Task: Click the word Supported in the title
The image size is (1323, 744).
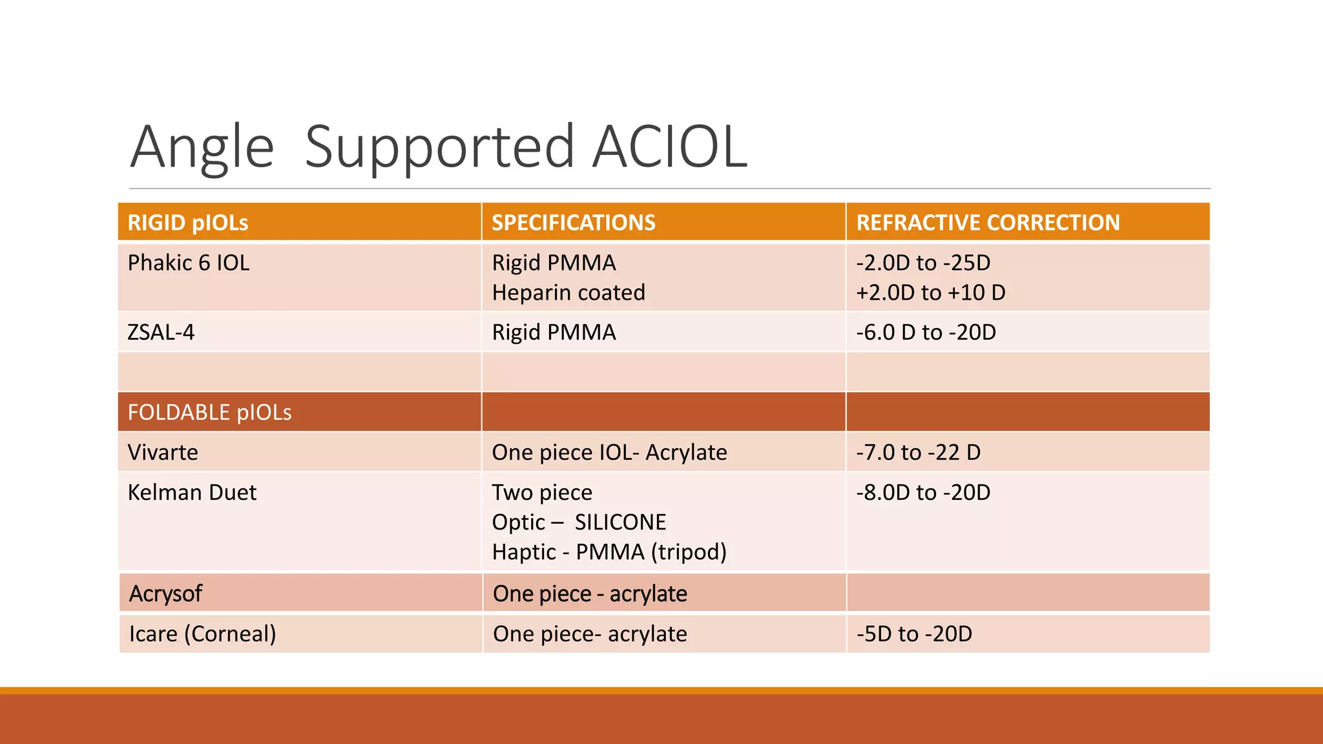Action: (439, 147)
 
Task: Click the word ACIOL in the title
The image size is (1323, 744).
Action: (670, 147)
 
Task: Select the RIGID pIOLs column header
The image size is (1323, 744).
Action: (188, 223)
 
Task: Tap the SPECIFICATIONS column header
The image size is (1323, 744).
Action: (573, 223)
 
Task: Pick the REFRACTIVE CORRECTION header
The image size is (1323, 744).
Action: (988, 223)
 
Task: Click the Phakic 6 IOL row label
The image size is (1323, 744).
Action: (188, 263)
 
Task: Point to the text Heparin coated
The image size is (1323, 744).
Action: (568, 293)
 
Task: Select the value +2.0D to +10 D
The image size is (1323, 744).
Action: (931, 293)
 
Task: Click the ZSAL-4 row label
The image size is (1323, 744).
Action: (161, 333)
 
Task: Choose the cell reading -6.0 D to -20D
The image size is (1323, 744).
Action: (926, 333)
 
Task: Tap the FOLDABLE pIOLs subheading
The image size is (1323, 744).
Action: (209, 412)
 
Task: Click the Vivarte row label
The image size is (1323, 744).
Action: (163, 452)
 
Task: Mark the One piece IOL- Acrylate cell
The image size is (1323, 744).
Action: (609, 452)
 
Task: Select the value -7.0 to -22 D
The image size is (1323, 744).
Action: (918, 452)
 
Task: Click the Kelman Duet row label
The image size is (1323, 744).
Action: (192, 493)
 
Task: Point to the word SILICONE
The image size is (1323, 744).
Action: (620, 522)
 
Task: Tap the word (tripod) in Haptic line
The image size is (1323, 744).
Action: (689, 552)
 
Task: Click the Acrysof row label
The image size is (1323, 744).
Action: (165, 594)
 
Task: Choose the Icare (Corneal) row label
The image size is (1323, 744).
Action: (202, 634)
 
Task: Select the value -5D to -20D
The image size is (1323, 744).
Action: (914, 634)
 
